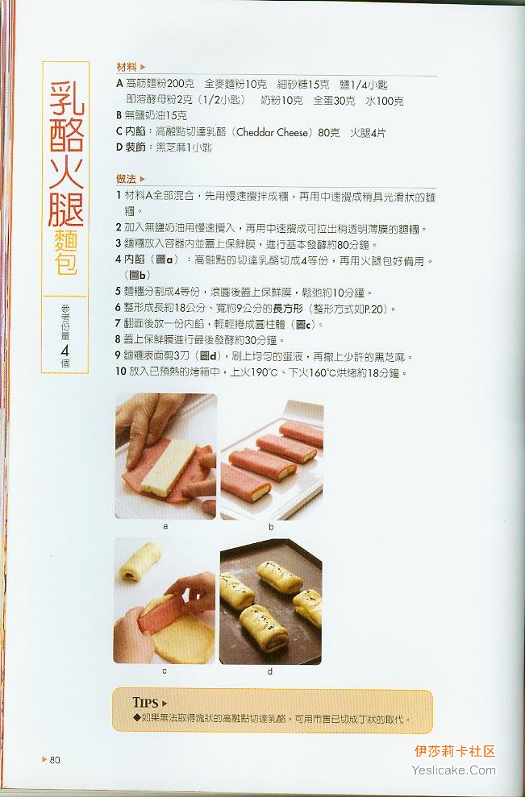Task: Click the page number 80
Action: (55, 760)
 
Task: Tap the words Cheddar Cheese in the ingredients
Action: (273, 133)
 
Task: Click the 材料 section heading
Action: (126, 67)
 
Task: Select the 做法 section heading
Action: (126, 179)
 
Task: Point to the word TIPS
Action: (145, 703)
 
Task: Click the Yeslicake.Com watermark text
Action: (454, 770)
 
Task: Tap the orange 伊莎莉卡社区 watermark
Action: (455, 751)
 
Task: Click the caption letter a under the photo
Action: (165, 526)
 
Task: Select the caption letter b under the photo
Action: (271, 526)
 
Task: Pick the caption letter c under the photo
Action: (165, 671)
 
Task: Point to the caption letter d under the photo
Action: (270, 671)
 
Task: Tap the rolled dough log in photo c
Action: (140, 561)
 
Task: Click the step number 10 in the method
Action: (121, 372)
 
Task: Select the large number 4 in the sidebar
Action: (65, 351)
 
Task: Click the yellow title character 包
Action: (66, 262)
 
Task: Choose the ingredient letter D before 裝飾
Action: (119, 147)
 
